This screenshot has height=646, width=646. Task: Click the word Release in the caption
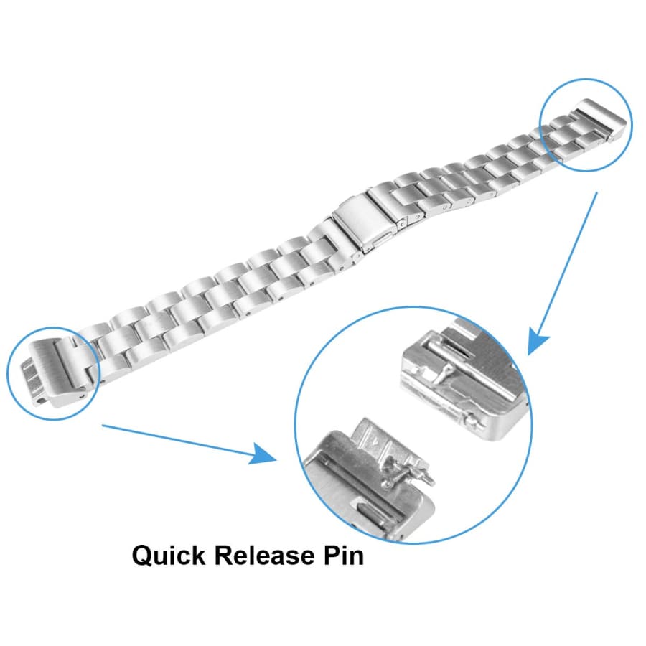[x=263, y=556]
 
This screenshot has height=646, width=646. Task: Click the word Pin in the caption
[x=343, y=556]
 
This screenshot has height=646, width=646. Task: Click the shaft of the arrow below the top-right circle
[x=568, y=263]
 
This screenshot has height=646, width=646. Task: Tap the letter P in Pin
[x=332, y=556]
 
